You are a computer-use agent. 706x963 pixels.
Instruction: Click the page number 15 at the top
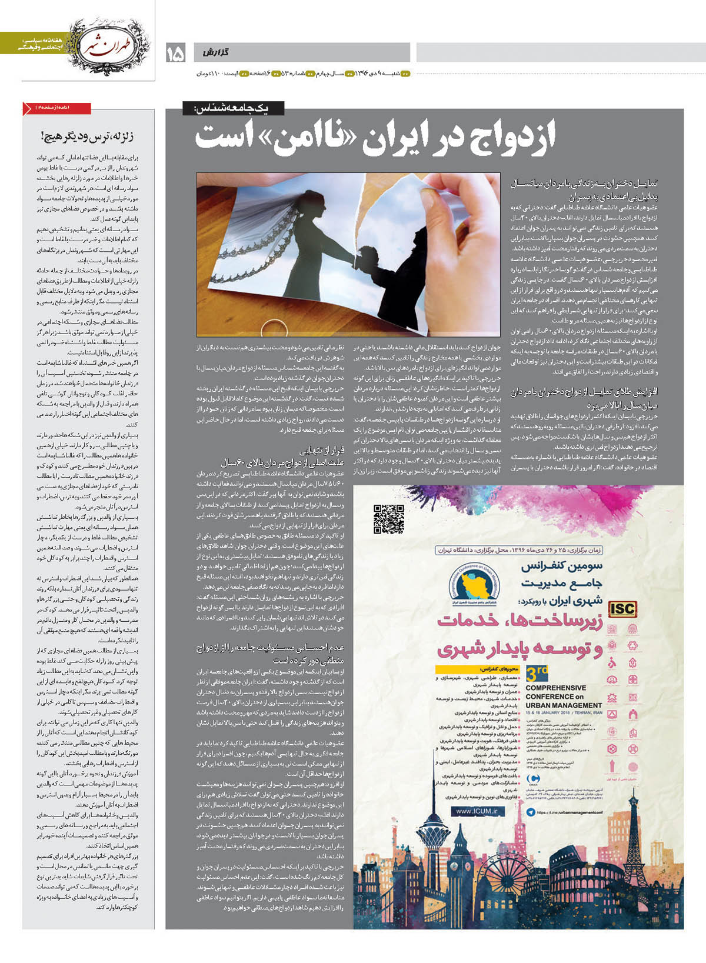(x=175, y=54)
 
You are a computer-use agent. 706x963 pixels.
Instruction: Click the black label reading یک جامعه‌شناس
(x=234, y=108)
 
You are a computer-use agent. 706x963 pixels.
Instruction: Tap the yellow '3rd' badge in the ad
(x=536, y=673)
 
